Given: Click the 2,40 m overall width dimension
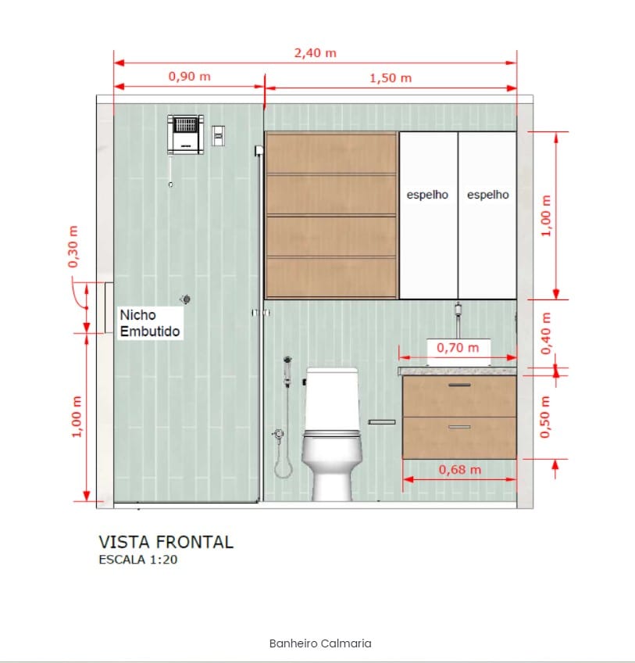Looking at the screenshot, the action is point(316,53).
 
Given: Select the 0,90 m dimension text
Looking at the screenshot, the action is point(189,77).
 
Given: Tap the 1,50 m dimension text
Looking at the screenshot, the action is point(391,78).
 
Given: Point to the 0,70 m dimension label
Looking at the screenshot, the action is point(458,348).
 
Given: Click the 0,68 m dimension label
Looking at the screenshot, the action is point(460,470).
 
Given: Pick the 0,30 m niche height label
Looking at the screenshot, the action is point(73,246).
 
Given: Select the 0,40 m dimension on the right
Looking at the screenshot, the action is point(546,333).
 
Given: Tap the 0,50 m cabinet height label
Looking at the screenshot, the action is point(545,417).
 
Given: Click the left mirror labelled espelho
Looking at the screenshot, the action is point(428,215).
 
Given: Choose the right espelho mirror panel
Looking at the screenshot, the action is point(487,215).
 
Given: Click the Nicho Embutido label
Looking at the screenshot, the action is point(150,323).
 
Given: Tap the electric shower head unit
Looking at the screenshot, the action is point(185,134).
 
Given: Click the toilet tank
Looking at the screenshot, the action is point(332,399).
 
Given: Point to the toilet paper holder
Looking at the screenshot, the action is point(382,422).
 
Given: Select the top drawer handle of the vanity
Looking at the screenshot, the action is point(460,385).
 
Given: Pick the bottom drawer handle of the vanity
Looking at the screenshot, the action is point(460,427).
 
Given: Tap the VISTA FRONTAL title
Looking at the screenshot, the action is point(166,542).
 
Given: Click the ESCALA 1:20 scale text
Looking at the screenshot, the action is point(138,560).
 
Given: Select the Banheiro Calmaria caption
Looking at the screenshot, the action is point(320,643).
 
